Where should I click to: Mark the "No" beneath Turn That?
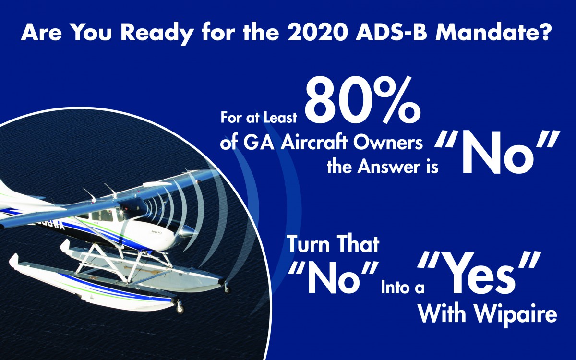point(334,278)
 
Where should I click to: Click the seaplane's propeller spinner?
point(187,231)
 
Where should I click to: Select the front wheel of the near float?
point(180,308)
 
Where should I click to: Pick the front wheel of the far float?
point(227,289)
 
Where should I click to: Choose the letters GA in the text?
point(258,143)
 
